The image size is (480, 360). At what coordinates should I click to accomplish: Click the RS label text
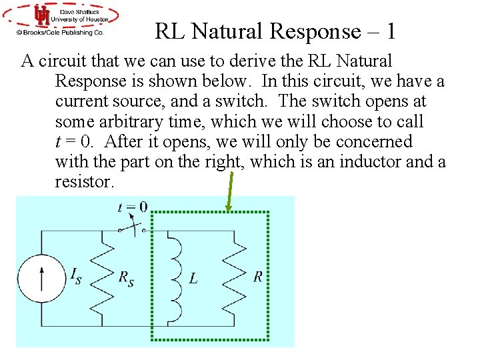tap(126, 278)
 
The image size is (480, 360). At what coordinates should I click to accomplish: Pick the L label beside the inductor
tap(193, 278)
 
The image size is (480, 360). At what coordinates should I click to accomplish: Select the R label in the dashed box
tap(257, 277)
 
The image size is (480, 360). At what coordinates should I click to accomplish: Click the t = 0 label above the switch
tap(133, 207)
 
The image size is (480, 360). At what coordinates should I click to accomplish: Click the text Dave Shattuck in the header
tap(80, 11)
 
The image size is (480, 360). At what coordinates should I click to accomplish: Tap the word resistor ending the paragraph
tap(81, 181)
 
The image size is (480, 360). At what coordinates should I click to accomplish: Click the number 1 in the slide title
tap(391, 31)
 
